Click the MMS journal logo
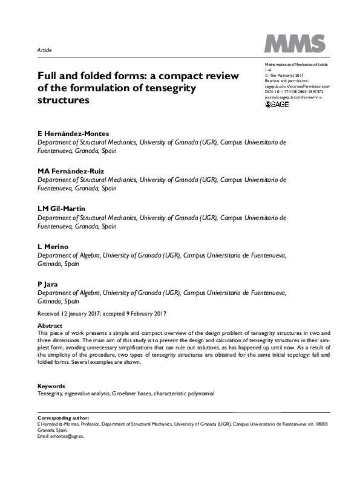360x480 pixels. click(x=295, y=44)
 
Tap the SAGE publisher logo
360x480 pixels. click(x=278, y=104)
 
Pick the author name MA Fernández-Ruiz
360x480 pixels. click(x=71, y=171)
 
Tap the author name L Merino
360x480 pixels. click(x=52, y=247)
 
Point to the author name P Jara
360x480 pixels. click(x=47, y=284)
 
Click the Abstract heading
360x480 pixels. click(x=50, y=326)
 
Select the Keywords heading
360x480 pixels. click(x=51, y=386)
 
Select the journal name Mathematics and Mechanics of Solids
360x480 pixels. click(x=295, y=63)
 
